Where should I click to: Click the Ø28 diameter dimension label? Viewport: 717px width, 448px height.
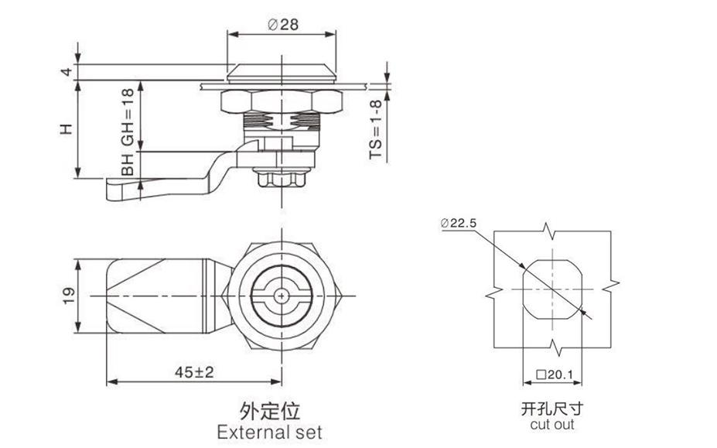pyautogui.click(x=283, y=24)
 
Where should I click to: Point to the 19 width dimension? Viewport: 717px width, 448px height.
pyautogui.click(x=68, y=295)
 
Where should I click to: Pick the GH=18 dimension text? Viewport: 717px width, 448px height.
pyautogui.click(x=128, y=117)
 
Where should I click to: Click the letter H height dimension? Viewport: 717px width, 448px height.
pyautogui.click(x=68, y=129)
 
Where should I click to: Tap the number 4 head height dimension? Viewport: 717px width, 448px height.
pyautogui.click(x=68, y=72)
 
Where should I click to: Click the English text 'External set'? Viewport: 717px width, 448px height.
pyautogui.click(x=269, y=431)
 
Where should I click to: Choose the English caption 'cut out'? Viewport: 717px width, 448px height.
pyautogui.click(x=552, y=424)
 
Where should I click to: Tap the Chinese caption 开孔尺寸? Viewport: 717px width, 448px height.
pyautogui.click(x=551, y=408)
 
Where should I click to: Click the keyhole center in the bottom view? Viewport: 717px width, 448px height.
pyautogui.click(x=284, y=295)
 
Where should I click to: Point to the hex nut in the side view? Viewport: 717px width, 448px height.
pyautogui.click(x=283, y=101)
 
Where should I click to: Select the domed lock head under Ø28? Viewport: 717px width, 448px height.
pyautogui.click(x=283, y=73)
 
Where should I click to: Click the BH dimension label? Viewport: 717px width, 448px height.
pyautogui.click(x=128, y=163)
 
